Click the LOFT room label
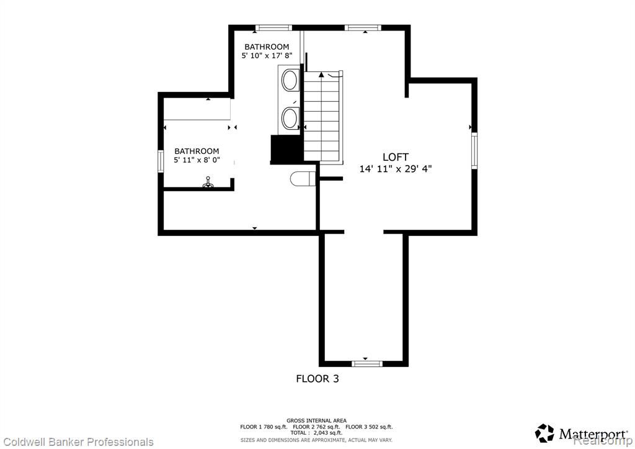tap(395, 157)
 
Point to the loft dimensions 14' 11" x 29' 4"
tap(395, 169)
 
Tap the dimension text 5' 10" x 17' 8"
tap(267, 55)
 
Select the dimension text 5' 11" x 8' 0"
tap(197, 160)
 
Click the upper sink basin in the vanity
tap(290, 80)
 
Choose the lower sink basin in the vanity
tap(290, 118)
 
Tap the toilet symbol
tap(303, 178)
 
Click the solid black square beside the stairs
tap(286, 150)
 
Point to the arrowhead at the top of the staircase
tap(322, 75)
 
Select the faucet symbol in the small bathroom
tap(208, 183)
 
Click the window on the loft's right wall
tap(474, 150)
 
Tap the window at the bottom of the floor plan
tap(367, 363)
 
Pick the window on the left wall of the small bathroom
tap(161, 161)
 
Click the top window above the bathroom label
tap(273, 27)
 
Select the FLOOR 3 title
tap(317, 379)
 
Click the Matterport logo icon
tap(544, 433)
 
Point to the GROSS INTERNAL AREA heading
tap(317, 420)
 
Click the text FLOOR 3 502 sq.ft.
tap(370, 427)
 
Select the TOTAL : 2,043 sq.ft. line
tap(316, 433)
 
